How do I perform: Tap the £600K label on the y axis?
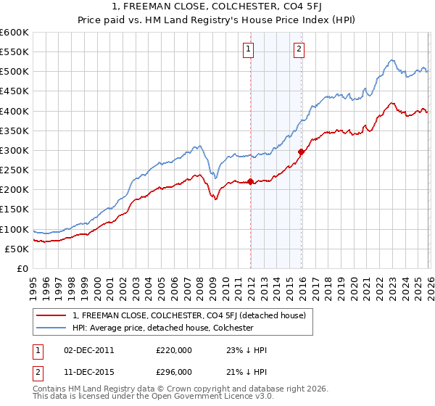[x=14, y=33]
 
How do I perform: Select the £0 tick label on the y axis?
[x=22, y=269]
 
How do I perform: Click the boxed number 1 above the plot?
[x=249, y=49]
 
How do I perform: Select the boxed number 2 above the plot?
[x=299, y=49]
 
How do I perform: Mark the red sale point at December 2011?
[x=251, y=182]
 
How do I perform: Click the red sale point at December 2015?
[x=301, y=152]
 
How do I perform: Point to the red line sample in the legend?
[x=51, y=315]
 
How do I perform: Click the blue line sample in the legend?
[x=51, y=328]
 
